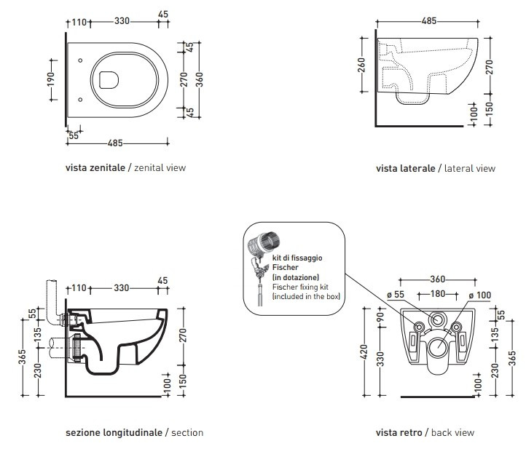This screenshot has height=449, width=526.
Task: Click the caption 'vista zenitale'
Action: click(x=95, y=167)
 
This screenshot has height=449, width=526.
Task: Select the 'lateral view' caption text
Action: click(x=469, y=168)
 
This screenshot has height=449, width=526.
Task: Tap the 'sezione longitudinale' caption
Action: click(x=114, y=432)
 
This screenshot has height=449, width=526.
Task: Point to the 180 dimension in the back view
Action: click(x=437, y=294)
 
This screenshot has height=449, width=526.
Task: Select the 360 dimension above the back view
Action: click(x=438, y=279)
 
